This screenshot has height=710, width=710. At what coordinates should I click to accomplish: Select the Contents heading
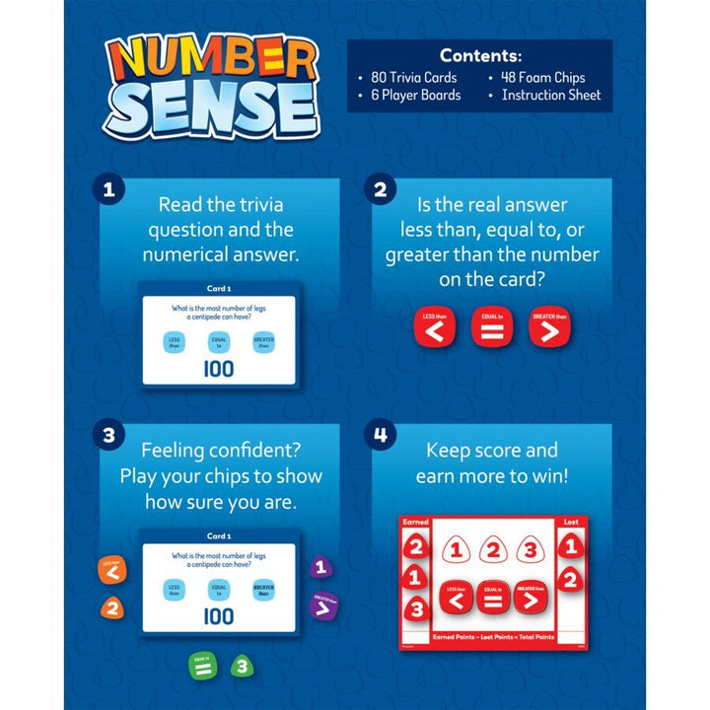point(480,55)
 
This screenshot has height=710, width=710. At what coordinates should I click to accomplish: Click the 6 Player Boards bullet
point(408,95)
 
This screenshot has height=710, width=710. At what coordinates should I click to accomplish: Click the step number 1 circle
point(107,190)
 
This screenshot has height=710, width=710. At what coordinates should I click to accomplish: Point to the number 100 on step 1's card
point(218,369)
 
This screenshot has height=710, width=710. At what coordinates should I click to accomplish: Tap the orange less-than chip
point(111,570)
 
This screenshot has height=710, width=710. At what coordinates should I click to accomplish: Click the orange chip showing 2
point(112,608)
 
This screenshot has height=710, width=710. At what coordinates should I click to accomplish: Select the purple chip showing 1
point(319,568)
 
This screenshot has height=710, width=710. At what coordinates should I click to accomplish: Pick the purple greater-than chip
point(323,605)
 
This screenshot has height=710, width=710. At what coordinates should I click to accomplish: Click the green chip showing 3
point(239,668)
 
